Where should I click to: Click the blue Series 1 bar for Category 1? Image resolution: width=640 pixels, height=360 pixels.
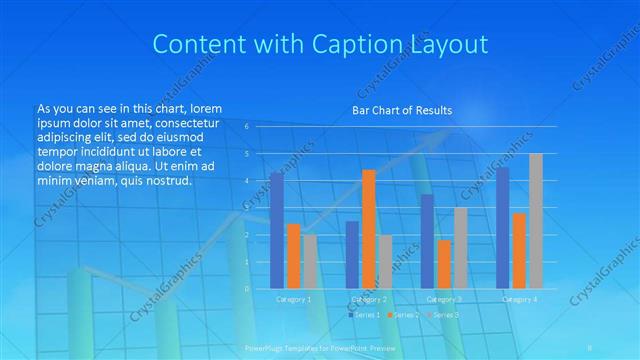277,230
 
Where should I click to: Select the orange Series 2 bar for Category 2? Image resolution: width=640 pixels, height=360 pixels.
369,229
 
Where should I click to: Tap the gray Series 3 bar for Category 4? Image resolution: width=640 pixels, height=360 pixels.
536,221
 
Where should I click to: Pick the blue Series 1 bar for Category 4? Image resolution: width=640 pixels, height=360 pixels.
503,228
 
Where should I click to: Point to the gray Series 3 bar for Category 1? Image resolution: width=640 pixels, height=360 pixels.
310,261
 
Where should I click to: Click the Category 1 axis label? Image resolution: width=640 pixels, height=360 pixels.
294,299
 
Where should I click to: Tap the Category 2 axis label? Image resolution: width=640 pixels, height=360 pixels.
369,299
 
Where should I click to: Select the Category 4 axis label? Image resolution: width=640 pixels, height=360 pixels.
519,299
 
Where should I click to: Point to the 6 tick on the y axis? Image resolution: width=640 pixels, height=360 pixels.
246,127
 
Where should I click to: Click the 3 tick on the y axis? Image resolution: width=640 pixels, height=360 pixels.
246,208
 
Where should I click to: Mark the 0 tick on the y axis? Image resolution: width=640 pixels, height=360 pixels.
246,288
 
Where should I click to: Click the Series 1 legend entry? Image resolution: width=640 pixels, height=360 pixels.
365,315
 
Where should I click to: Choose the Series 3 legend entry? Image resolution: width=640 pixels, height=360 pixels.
444,315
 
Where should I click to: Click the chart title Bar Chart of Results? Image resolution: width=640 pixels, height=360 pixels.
402,110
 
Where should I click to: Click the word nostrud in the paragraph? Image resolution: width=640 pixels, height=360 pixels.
162,181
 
